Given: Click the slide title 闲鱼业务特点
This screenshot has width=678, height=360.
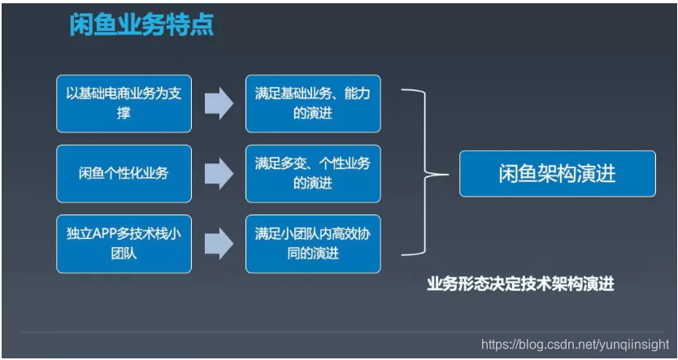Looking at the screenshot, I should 141,26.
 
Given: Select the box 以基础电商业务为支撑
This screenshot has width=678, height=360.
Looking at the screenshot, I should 124,103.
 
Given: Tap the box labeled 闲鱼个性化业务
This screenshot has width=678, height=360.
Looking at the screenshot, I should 124,173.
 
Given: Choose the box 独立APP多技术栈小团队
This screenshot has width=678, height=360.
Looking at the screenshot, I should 124,244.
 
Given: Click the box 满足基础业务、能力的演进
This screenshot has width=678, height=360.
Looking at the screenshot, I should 313,103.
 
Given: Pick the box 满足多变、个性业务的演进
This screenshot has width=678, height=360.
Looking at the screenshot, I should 313,173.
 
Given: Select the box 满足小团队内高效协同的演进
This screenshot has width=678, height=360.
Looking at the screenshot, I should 313,244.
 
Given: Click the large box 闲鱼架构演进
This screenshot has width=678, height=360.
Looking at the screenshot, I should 557,174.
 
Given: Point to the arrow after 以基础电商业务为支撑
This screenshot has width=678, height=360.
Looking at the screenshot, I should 218,103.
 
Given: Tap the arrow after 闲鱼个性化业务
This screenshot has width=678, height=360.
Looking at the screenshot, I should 218,173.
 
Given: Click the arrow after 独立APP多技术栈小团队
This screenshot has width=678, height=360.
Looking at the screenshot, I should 218,244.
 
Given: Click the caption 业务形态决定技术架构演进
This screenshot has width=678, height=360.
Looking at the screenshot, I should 520,284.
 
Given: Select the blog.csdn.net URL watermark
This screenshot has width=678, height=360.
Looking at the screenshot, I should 575,345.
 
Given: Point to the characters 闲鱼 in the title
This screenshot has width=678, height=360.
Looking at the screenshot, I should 87,26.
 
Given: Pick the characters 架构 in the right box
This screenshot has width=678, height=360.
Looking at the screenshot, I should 557,174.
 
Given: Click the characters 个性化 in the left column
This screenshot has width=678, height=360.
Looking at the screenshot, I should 124,173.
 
